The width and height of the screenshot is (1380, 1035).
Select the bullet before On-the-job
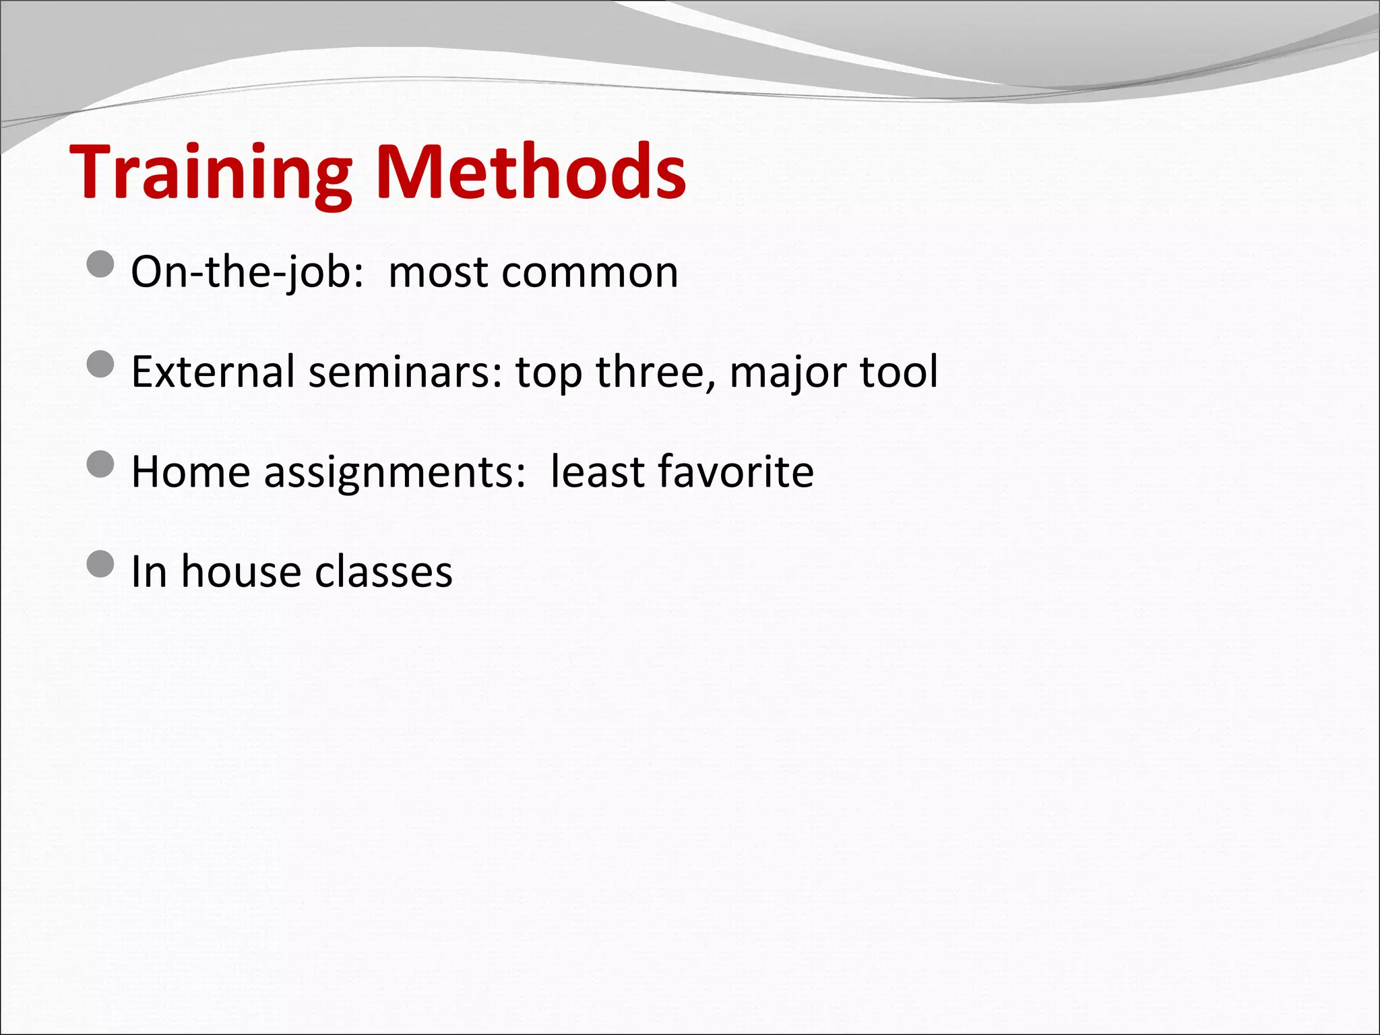(x=100, y=264)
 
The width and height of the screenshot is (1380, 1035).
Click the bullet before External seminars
(x=100, y=365)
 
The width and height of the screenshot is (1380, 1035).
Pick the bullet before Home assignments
(x=100, y=464)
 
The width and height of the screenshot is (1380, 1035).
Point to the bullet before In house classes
(x=100, y=564)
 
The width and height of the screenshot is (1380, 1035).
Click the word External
(x=213, y=371)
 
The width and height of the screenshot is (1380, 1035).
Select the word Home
(x=191, y=471)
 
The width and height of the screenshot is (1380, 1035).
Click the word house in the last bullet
(x=241, y=571)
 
